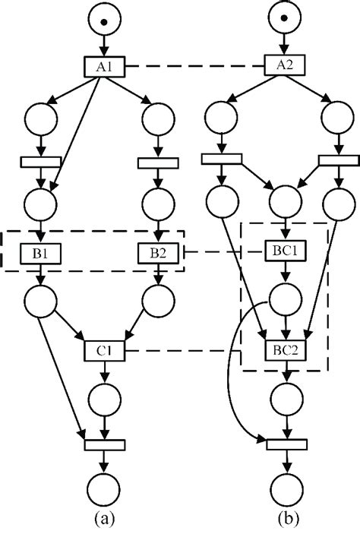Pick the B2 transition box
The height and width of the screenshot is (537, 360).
click(x=158, y=252)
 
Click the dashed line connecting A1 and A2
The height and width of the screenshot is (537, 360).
click(x=194, y=66)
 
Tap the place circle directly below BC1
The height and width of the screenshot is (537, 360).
click(x=285, y=299)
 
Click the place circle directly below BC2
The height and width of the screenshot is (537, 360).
click(x=285, y=397)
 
